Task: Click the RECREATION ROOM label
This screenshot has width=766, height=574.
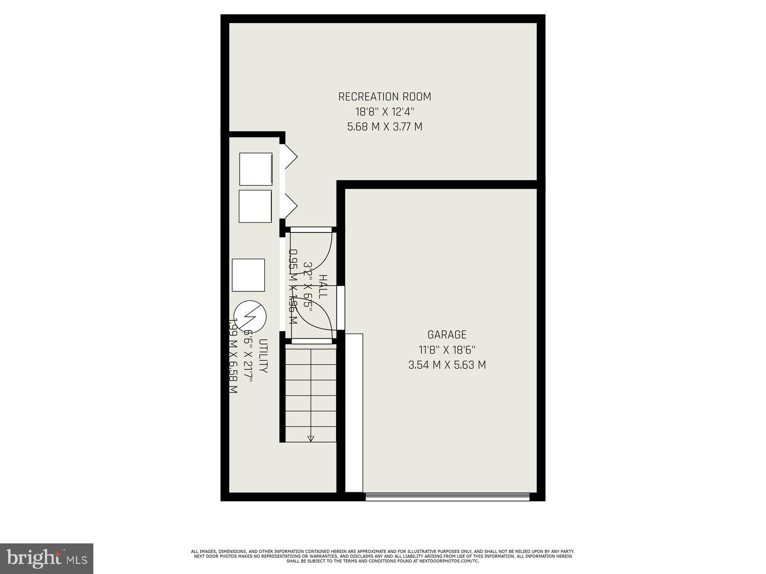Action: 384,97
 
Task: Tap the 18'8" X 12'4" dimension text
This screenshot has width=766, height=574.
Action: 384,112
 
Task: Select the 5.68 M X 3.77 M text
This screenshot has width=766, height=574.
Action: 384,127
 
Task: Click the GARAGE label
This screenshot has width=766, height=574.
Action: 447,335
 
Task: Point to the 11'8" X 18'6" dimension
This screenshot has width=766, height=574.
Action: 447,350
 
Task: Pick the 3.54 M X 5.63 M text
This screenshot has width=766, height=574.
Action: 447,365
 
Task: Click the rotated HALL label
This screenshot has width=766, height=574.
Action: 324,286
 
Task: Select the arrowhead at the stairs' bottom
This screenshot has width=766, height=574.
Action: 311,438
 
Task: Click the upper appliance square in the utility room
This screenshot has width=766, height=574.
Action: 256,169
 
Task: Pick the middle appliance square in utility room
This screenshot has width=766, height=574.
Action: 255,206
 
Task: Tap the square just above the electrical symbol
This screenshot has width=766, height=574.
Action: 248,275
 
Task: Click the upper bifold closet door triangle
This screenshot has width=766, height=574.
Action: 290,155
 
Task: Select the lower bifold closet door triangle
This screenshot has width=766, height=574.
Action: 290,206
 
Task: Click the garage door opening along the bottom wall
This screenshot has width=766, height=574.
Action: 447,496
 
